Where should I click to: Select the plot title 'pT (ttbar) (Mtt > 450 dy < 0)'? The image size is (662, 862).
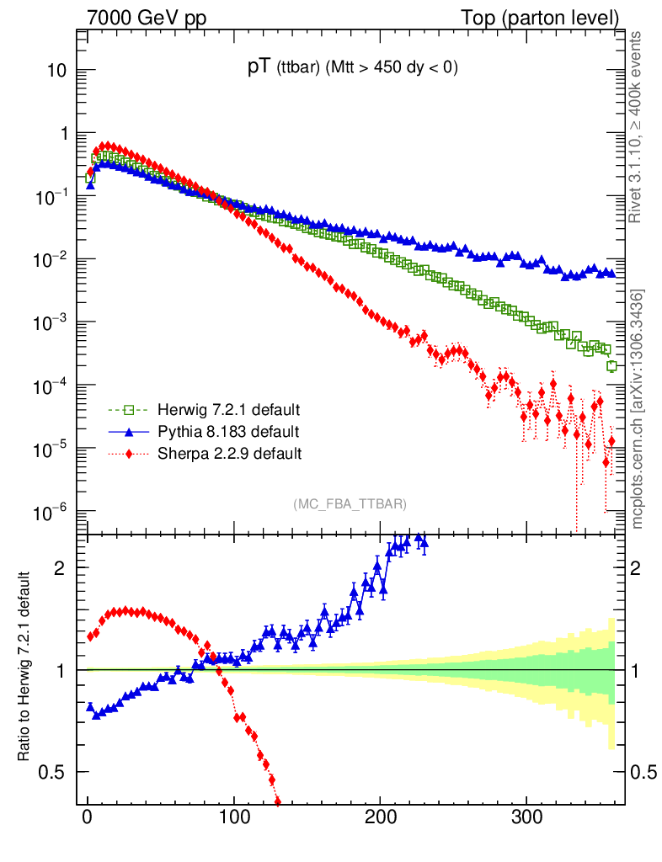pyautogui.click(x=352, y=70)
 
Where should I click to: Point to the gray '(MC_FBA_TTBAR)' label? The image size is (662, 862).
pyautogui.click(x=350, y=503)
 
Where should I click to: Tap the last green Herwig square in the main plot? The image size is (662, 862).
pyautogui.click(x=611, y=365)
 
